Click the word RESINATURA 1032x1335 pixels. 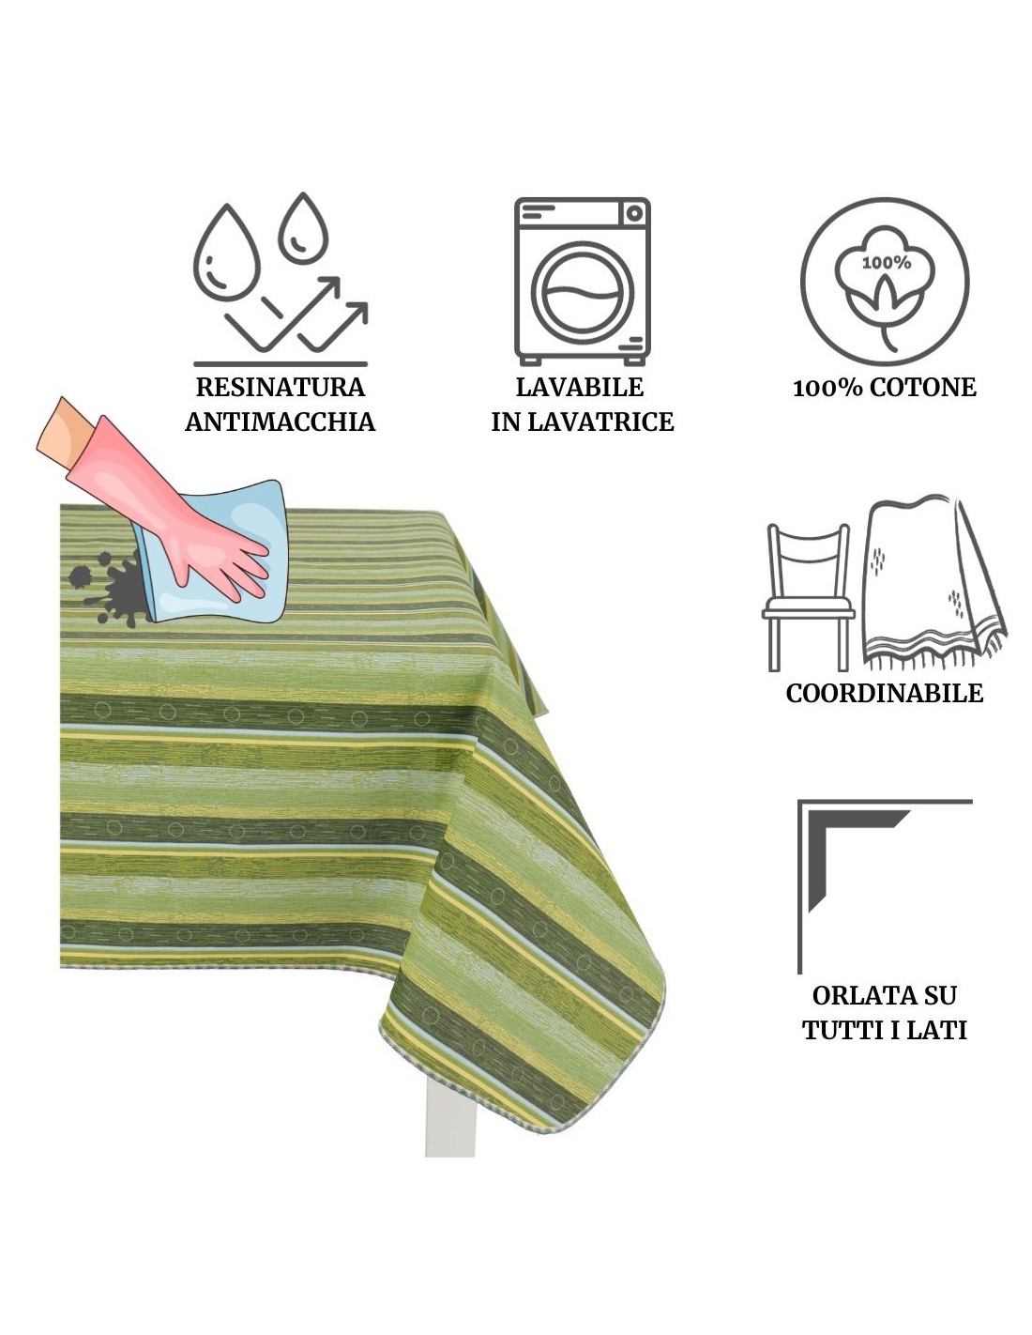[x=280, y=387]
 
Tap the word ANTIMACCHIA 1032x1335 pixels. [x=280, y=422]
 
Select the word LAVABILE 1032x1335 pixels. [x=580, y=387]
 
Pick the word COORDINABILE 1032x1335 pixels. [x=884, y=693]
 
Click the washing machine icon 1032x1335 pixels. [x=582, y=282]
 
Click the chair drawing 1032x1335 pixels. [x=808, y=597]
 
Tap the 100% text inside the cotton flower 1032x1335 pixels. [x=886, y=263]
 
